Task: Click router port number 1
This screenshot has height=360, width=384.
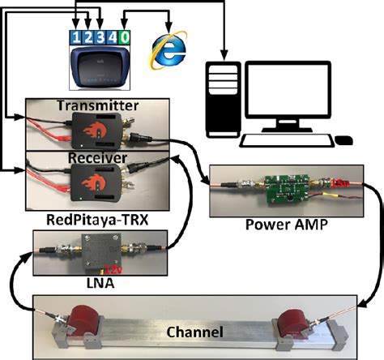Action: tap(76, 37)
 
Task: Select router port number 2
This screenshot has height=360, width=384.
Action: tap(87, 37)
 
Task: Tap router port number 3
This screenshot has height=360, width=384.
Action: tap(99, 37)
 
